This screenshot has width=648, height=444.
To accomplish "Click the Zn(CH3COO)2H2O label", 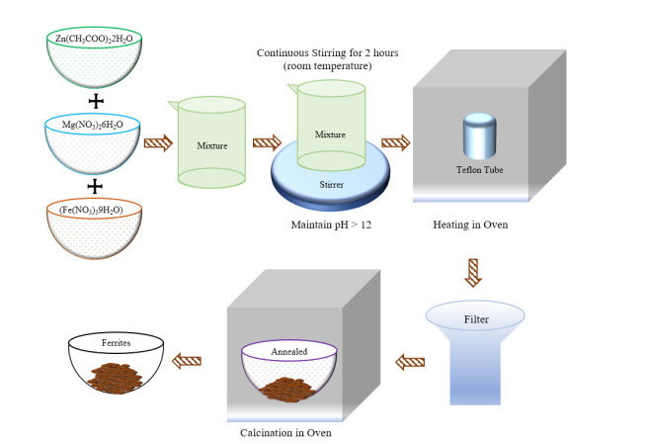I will (95, 39).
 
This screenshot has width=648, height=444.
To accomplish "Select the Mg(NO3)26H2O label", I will (95, 127).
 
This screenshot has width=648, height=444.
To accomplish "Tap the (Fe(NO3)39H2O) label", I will (95, 210).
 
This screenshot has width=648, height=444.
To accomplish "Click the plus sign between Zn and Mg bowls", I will (96, 102).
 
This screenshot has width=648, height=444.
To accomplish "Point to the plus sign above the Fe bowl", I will (96, 185).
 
